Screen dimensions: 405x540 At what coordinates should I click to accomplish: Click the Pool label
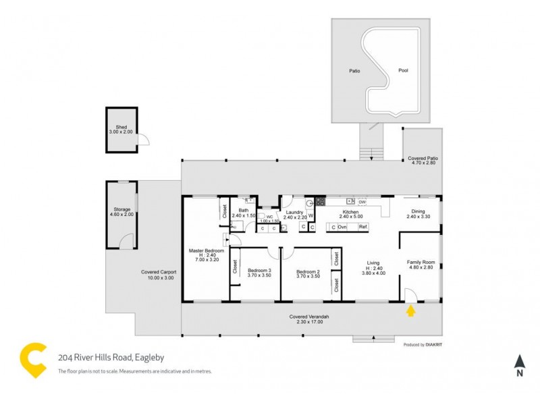coord(403,70)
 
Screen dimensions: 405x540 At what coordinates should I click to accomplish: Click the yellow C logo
coord(33,360)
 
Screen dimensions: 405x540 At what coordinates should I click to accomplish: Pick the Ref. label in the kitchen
coord(362,227)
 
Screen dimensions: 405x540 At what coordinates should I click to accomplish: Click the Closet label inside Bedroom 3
coord(235,267)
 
